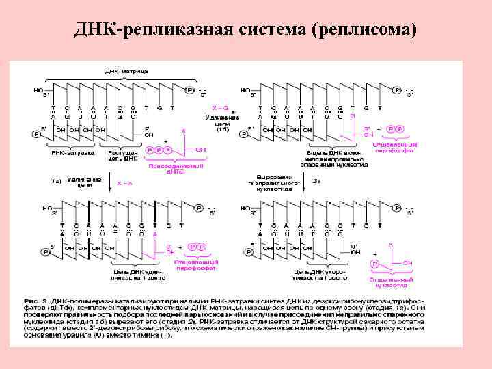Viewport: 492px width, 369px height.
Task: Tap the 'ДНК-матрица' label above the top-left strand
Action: click(x=124, y=70)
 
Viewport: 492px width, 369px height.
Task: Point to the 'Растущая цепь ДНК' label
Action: click(x=124, y=156)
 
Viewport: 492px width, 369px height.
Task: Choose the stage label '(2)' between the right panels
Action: click(x=315, y=180)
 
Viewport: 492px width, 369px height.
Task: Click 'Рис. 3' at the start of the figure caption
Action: click(x=33, y=299)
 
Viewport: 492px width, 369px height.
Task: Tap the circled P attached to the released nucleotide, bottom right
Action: click(x=374, y=263)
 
